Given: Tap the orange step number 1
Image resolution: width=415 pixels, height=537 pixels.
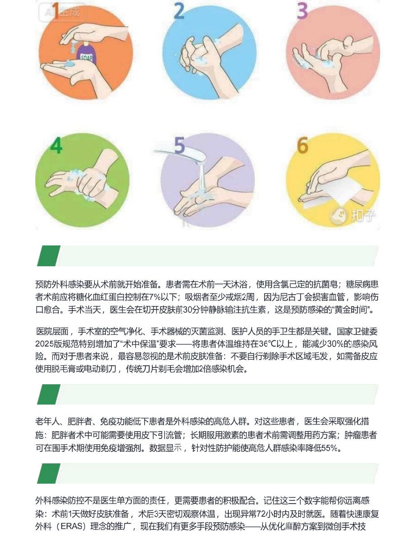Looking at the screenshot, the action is click(56, 11).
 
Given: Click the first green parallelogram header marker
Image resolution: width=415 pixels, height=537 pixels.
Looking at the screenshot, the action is click(49, 256).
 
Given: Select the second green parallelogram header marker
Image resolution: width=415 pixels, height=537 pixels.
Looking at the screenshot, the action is click(49, 394).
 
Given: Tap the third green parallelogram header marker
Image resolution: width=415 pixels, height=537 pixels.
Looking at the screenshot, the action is click(49, 473).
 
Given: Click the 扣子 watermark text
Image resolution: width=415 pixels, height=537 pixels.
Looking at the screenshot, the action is click(363, 216).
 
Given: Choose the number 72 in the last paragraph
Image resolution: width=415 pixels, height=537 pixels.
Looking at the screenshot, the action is click(261, 513).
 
